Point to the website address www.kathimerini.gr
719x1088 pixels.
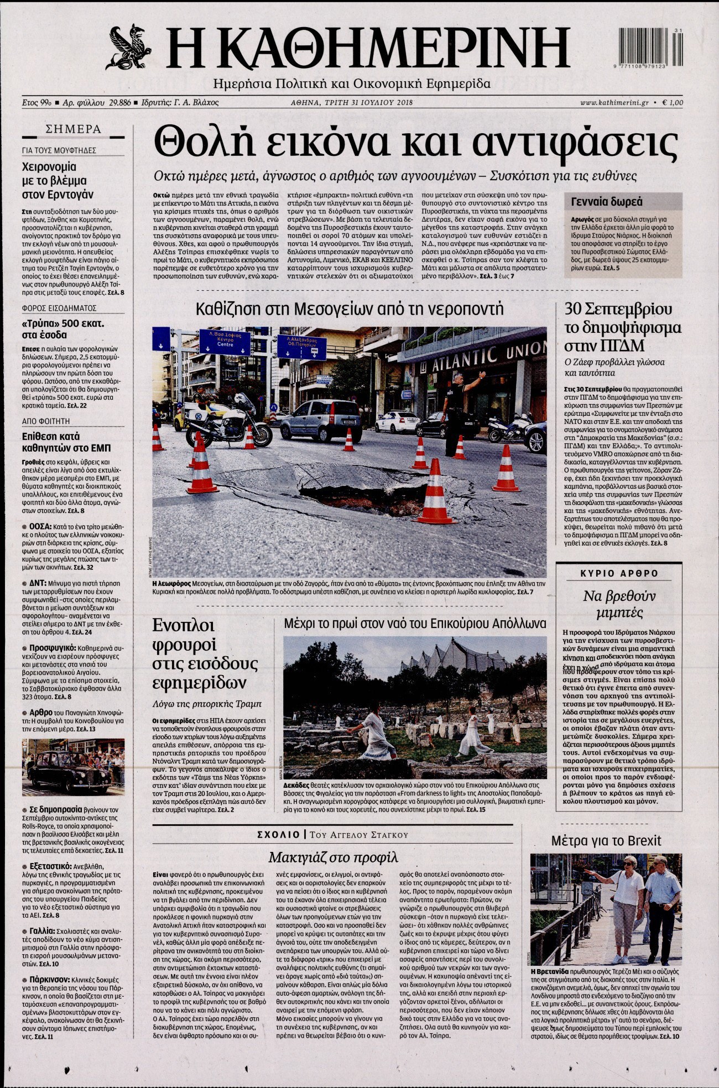614,102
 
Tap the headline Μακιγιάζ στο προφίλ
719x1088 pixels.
333,857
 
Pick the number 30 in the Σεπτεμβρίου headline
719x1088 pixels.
572,308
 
